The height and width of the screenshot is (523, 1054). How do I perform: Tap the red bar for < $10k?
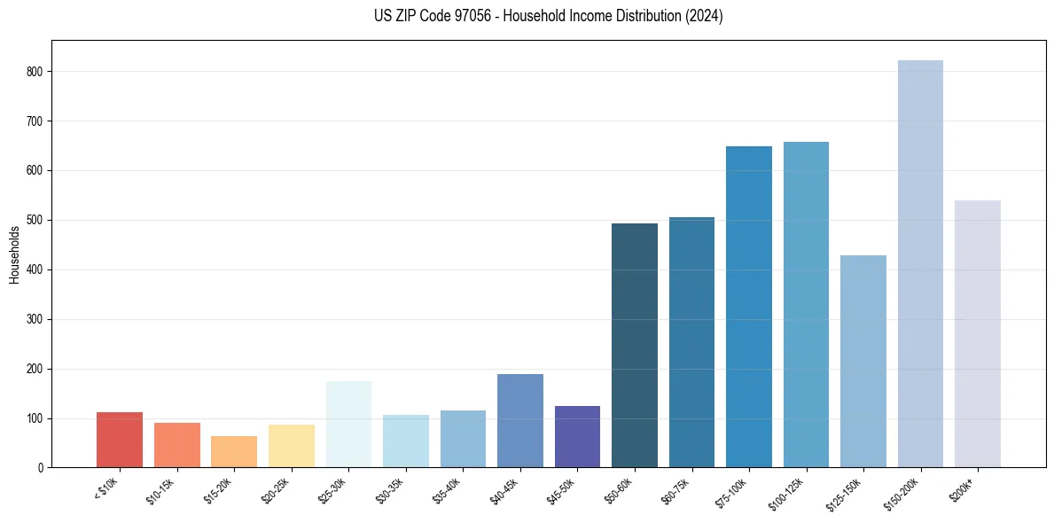tap(120, 440)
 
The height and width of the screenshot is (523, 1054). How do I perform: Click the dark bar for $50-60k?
tap(635, 346)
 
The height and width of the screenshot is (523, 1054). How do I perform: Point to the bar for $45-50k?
tap(577, 436)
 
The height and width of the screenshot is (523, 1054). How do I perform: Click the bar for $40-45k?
tap(520, 420)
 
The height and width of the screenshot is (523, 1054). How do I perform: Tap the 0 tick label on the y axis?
tap(42, 467)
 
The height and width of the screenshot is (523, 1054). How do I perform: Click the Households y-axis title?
tap(15, 254)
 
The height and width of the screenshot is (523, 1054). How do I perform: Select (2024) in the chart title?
tap(704, 16)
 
